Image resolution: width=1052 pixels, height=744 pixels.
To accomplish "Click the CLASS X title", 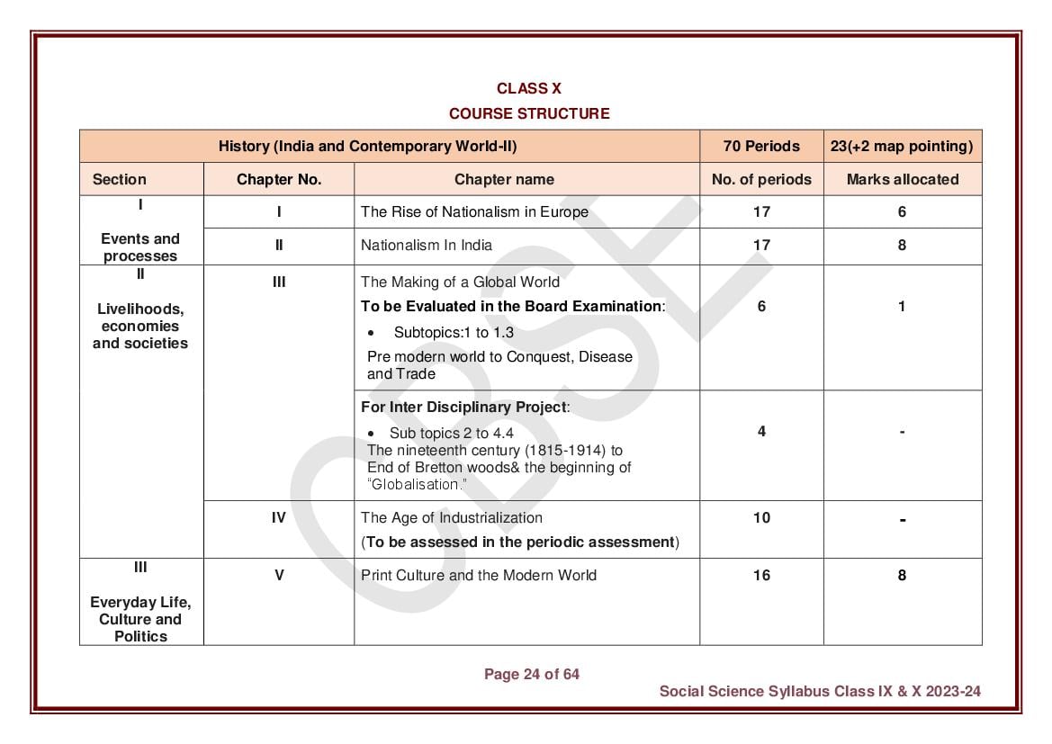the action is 529,88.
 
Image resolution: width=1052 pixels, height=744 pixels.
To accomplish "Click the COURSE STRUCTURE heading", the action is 529,113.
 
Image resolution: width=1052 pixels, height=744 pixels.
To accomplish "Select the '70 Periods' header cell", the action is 761,146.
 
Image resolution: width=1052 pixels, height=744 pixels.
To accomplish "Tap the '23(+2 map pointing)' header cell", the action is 902,146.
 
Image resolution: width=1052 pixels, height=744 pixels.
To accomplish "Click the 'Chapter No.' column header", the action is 279,179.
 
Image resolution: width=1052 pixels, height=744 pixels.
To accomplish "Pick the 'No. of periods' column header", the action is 761,179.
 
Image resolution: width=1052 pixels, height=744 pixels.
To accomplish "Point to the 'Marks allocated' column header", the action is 902,179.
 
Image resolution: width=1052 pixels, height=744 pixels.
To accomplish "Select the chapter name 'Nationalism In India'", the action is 427,245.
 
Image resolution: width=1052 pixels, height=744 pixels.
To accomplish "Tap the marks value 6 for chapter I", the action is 902,212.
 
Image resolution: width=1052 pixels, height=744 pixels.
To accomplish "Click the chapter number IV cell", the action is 279,517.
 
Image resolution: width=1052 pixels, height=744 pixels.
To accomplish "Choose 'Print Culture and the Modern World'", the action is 478,575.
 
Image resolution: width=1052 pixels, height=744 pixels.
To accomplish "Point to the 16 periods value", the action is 761,575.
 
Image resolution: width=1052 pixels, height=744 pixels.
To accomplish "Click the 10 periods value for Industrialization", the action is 761,517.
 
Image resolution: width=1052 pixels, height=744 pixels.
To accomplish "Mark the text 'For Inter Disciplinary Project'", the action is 464,407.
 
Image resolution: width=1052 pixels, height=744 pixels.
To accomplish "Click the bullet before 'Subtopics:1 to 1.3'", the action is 371,333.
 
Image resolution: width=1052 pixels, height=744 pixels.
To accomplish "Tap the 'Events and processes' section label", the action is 140,247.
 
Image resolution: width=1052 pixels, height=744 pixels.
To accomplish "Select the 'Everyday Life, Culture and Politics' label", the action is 140,619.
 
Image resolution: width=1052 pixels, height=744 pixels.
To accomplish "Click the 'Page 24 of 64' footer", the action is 532,674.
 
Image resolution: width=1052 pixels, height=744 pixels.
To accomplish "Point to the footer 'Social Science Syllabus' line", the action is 819,691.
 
